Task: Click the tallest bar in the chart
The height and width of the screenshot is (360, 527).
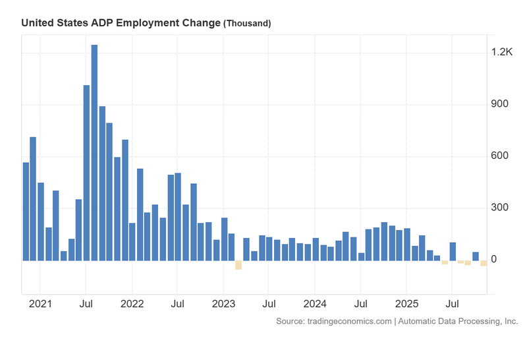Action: (94, 152)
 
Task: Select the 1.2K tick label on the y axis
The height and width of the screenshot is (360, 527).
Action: (501, 52)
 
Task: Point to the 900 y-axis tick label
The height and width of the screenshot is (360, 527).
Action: (501, 104)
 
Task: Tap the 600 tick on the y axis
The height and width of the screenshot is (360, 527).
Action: (501, 156)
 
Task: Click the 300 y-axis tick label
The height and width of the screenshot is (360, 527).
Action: (501, 208)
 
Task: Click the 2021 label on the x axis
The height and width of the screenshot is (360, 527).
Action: (40, 305)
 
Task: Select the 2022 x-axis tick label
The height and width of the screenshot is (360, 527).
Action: (132, 305)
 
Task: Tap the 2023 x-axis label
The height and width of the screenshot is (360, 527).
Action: (223, 305)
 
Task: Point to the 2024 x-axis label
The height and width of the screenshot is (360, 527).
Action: (315, 305)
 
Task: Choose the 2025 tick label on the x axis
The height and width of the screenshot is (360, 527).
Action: (406, 305)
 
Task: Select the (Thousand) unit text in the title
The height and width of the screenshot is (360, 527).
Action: (247, 23)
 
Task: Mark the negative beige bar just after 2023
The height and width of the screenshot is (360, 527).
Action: (238, 264)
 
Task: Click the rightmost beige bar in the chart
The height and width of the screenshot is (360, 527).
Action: (484, 262)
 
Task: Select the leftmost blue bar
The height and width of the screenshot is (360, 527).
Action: (26, 211)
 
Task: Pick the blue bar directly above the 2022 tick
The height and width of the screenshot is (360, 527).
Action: (132, 241)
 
